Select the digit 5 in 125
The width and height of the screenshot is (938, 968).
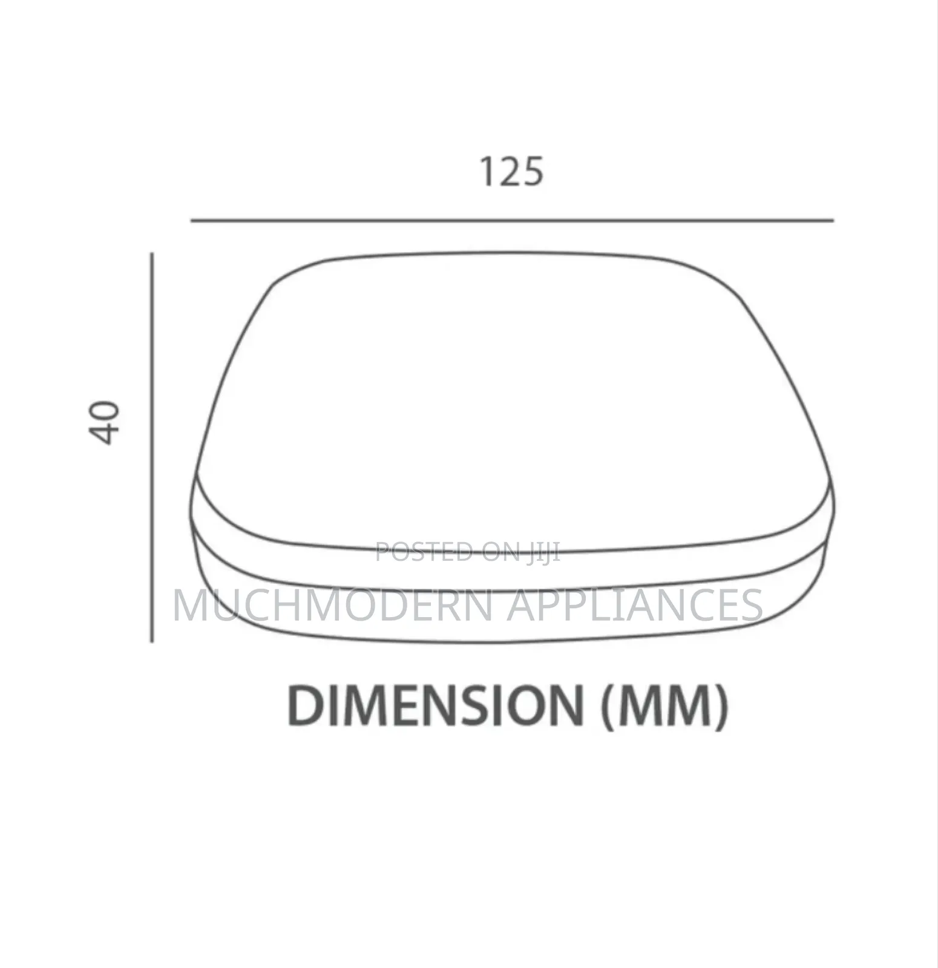click(533, 172)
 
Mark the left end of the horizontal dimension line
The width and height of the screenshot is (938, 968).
click(192, 221)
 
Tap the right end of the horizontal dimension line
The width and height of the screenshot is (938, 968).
click(833, 221)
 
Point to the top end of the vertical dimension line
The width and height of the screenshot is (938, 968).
click(153, 253)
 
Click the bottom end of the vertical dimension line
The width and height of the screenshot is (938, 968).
click(153, 641)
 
